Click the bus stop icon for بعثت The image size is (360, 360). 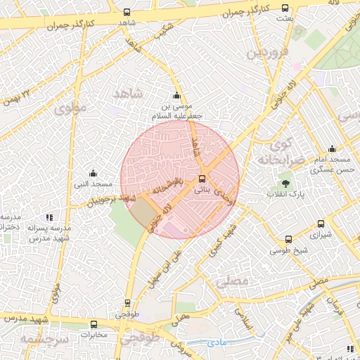285,8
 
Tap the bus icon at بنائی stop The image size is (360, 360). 202,179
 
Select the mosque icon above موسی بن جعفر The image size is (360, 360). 176,96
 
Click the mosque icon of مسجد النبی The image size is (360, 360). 93,174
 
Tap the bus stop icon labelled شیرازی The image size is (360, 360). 321,224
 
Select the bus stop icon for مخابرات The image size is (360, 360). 94,324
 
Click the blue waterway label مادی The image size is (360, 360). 217,342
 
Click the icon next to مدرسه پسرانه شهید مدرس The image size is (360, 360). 49,218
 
